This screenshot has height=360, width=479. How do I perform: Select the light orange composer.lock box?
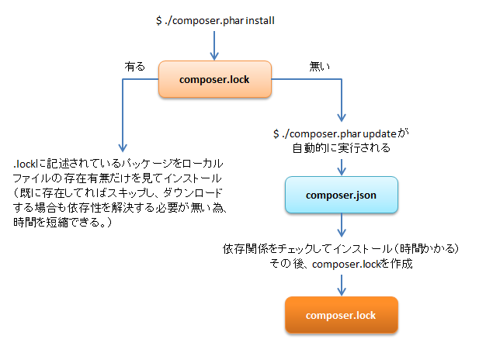coord(213,79)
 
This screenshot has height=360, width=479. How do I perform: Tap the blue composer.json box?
coord(341,195)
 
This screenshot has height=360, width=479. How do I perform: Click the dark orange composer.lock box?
coord(341,315)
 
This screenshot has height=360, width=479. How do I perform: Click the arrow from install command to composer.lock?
coord(213,46)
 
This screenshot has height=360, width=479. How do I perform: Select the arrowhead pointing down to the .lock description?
coord(121,147)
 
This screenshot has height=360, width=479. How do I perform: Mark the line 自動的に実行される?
coord(341,147)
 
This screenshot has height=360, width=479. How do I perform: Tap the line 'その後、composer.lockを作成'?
coord(340,264)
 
